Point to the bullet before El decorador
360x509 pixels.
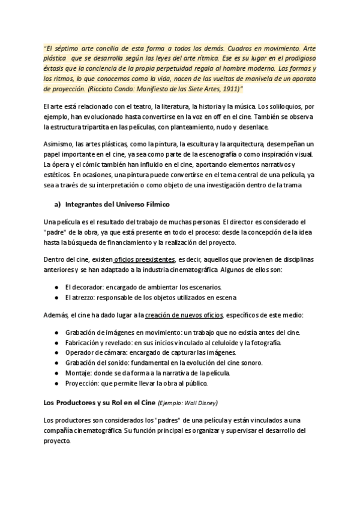coord(56,286)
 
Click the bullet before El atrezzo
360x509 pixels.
coord(56,297)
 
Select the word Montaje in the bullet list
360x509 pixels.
coord(80,373)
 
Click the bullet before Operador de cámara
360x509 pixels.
coord(56,352)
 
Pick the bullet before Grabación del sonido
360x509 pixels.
coord(56,363)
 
